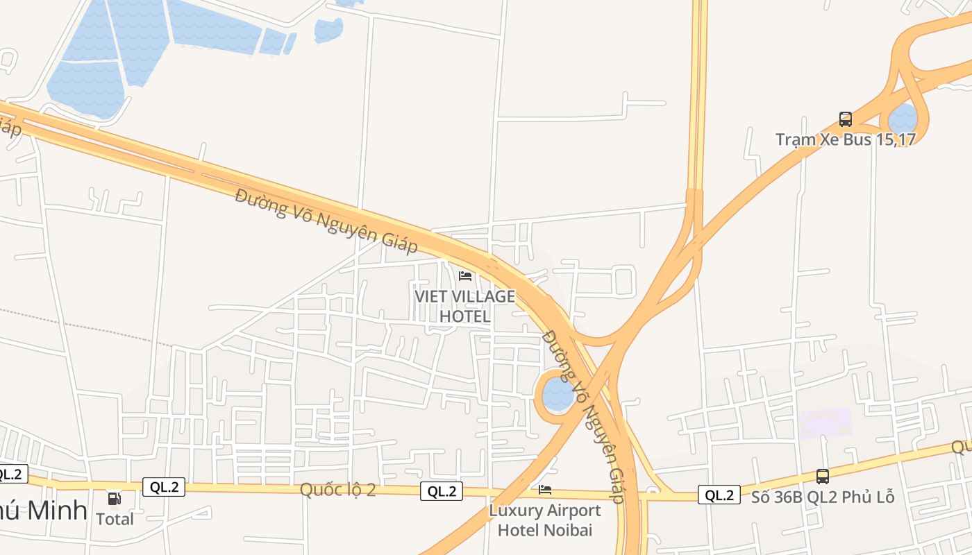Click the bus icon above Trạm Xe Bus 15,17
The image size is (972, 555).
(x=845, y=119)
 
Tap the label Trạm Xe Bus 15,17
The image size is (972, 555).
(x=845, y=139)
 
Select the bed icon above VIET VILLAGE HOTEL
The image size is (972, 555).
(x=465, y=276)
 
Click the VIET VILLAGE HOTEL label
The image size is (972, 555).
(x=465, y=306)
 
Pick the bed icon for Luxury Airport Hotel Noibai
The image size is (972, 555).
(x=545, y=490)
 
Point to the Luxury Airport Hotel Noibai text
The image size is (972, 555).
(x=545, y=520)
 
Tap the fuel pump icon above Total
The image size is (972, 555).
(x=114, y=498)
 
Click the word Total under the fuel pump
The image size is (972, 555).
(x=115, y=519)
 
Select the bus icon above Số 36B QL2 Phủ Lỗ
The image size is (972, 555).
(x=823, y=477)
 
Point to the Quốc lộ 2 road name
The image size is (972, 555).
(x=337, y=490)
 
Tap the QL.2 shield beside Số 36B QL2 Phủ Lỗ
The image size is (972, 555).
(x=719, y=495)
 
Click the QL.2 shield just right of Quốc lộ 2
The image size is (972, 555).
(x=442, y=491)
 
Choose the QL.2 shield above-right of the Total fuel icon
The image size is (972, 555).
(x=164, y=487)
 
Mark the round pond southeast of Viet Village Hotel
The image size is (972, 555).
(x=558, y=393)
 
